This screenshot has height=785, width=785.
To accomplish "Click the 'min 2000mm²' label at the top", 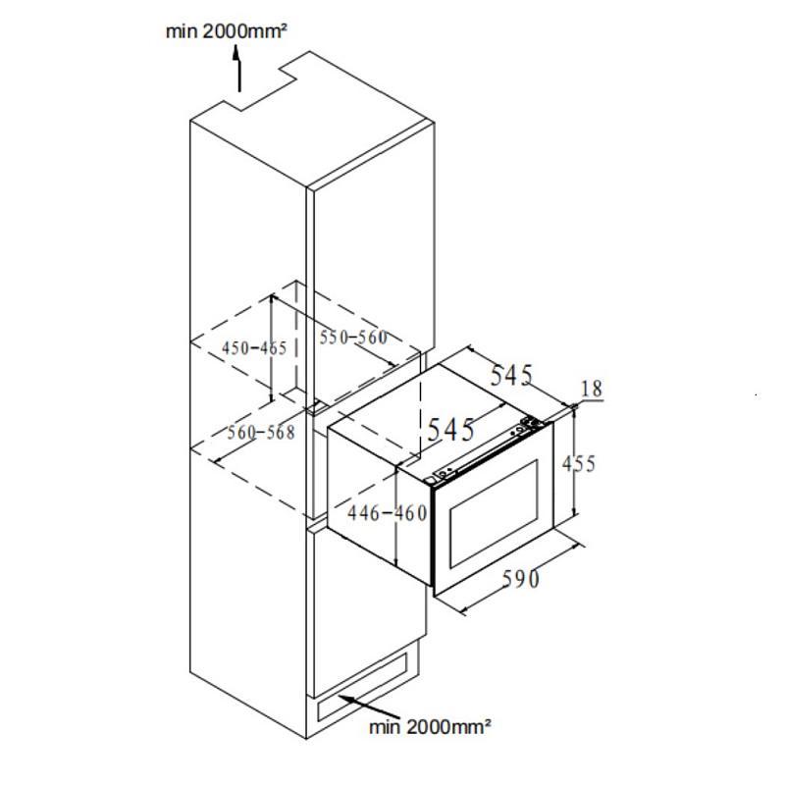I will [226, 31].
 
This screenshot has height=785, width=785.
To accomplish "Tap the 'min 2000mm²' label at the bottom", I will [430, 727].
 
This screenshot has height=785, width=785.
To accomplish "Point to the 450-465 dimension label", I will [254, 348].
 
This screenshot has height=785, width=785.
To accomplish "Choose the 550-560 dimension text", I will [353, 338].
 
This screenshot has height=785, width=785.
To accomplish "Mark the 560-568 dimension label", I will [261, 433].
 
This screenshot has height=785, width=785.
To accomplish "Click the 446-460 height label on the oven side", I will [389, 512].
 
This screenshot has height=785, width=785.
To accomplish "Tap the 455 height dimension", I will [578, 462].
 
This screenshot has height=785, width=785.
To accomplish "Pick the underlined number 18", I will [591, 390].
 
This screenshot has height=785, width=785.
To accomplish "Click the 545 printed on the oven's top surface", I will [450, 429].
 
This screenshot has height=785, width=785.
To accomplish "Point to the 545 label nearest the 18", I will [511, 375].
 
